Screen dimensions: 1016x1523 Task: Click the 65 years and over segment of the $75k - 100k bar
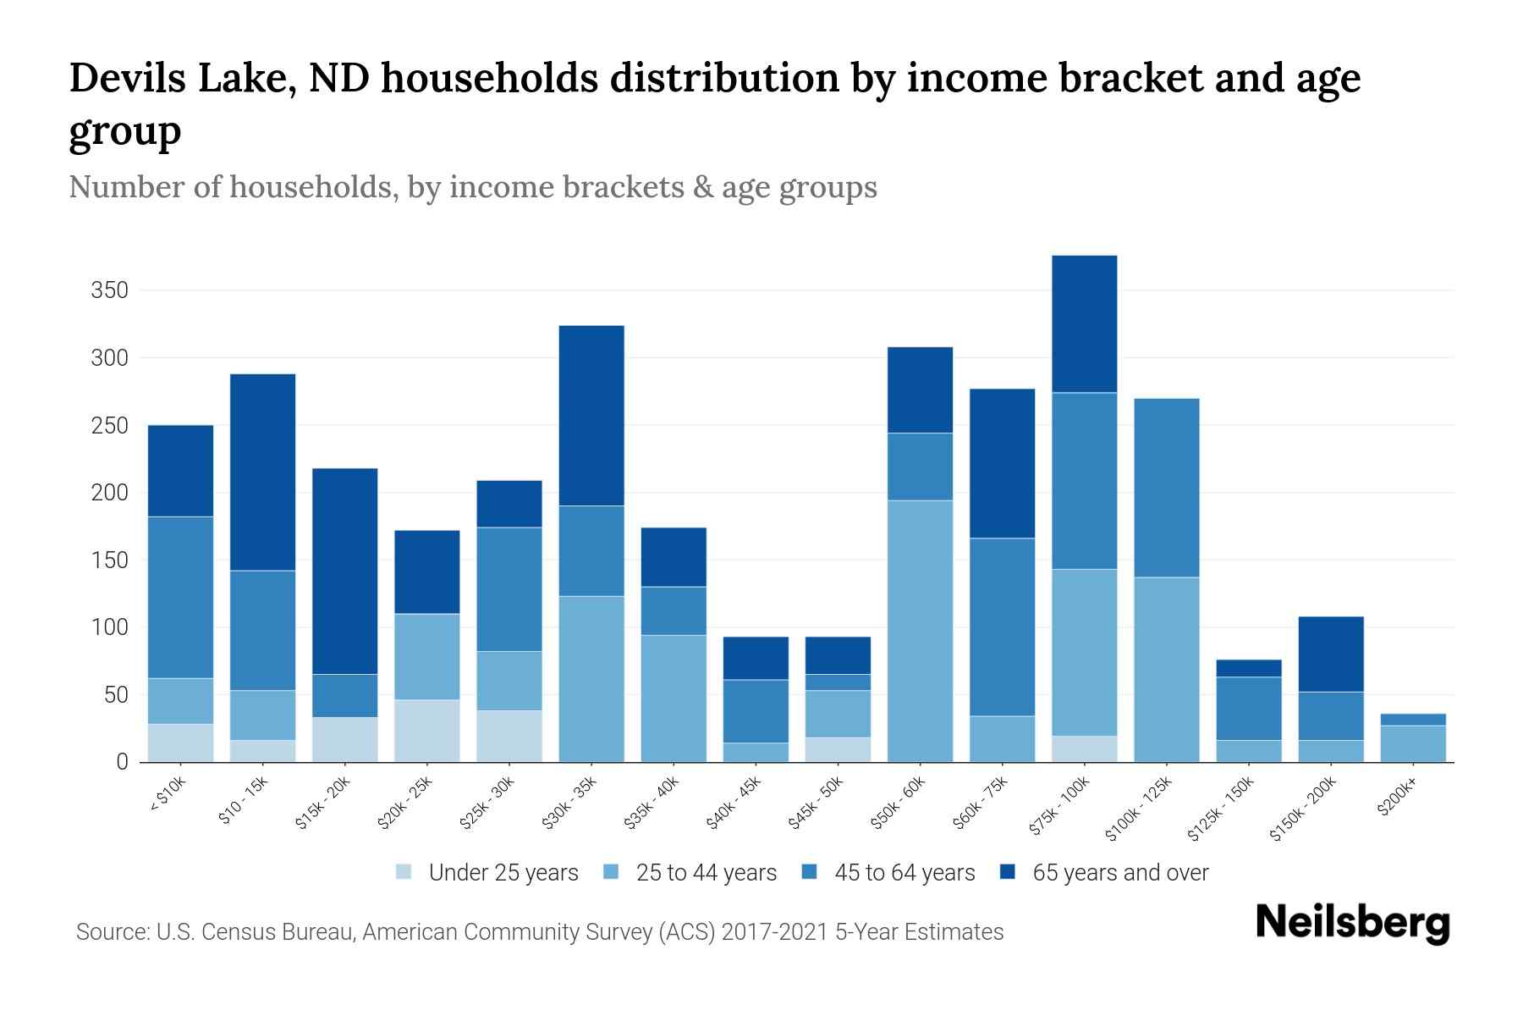coord(1084,323)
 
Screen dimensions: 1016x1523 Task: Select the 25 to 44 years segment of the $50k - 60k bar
coord(920,631)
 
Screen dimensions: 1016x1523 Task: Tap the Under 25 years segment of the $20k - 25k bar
coord(426,731)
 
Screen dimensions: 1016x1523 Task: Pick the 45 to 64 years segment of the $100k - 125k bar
coord(1166,488)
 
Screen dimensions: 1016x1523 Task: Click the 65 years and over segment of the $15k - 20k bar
coord(344,571)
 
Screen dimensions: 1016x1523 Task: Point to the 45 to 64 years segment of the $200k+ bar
coord(1412,720)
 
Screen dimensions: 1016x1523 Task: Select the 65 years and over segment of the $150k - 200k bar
coord(1330,654)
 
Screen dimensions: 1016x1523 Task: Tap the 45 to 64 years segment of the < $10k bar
coord(180,597)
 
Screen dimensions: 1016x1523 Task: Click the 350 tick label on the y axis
coord(109,291)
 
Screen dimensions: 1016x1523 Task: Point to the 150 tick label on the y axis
coord(109,560)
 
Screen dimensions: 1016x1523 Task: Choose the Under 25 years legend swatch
coord(404,872)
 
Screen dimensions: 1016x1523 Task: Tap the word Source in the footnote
coord(111,932)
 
